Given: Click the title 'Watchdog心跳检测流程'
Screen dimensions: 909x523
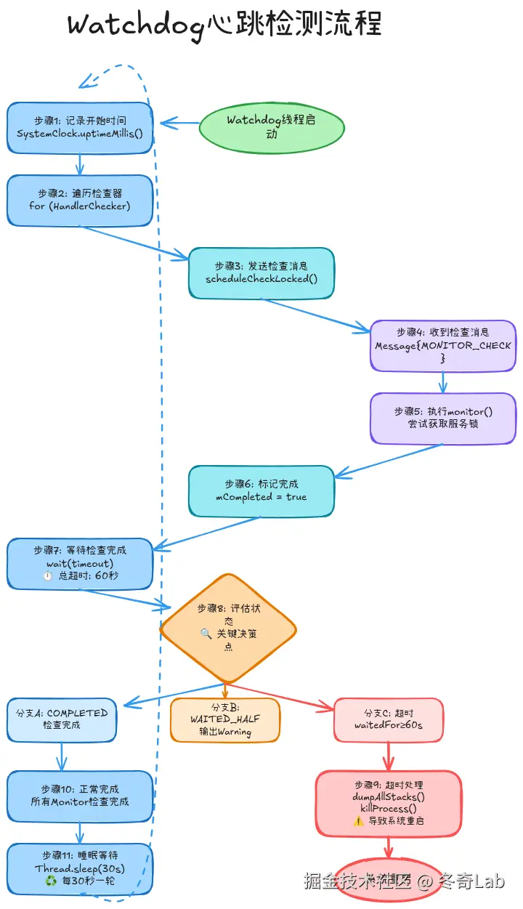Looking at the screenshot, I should (224, 25).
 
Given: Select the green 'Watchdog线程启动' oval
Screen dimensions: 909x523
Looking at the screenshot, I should (271, 128).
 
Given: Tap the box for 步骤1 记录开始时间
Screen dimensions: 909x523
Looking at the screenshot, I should (80, 127).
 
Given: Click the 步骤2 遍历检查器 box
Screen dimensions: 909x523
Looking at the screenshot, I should (80, 200).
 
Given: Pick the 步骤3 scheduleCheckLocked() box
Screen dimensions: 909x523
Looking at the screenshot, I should (261, 272).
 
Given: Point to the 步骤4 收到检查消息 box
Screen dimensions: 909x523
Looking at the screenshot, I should (443, 346).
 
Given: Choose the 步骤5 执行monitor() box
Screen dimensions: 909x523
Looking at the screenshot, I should (443, 418).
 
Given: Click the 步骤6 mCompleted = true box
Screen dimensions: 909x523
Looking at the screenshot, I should (261, 490).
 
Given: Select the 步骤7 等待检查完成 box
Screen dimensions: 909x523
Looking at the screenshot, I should (80, 563).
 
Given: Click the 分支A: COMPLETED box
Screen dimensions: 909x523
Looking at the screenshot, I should (62, 719).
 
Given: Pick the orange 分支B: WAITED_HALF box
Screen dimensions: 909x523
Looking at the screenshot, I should (225, 719).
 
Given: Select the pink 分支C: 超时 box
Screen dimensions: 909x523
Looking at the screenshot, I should (389, 719).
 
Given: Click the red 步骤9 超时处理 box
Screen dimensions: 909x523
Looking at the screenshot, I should (389, 803).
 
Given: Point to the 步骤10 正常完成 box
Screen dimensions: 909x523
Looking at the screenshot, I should (80, 796).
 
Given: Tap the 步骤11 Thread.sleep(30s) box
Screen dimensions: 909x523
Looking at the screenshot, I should (80, 868).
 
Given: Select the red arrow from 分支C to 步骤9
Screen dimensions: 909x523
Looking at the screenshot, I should (389, 756).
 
